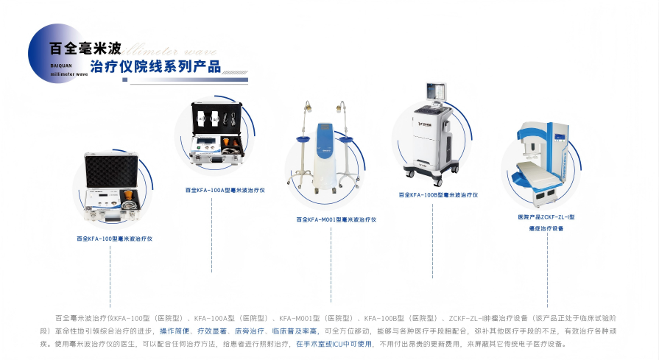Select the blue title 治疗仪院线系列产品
[155, 67]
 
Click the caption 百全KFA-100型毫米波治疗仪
[114, 239]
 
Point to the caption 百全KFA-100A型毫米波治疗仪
[225, 190]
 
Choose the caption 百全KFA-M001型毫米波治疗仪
[336, 219]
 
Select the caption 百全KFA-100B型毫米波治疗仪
[438, 195]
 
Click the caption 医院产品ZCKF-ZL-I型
[546, 217]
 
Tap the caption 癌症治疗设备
[546, 229]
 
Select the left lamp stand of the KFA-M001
[304, 140]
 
